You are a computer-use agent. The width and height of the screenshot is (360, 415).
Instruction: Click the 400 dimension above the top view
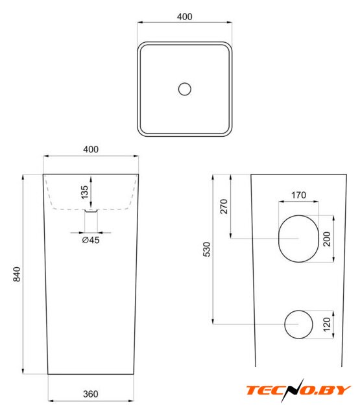184,17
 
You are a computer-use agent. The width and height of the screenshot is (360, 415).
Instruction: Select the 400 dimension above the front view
91,149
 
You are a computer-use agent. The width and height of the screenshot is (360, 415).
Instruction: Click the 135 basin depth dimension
84,192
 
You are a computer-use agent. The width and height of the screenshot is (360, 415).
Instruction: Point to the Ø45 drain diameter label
91,240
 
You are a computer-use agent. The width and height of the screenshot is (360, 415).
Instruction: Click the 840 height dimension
17,274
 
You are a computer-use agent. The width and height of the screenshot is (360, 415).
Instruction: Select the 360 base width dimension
91,394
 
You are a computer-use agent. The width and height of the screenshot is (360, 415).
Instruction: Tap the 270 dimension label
224,206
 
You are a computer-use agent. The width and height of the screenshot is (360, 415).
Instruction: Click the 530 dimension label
206,249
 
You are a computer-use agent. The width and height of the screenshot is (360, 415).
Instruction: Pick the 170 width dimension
298,195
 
